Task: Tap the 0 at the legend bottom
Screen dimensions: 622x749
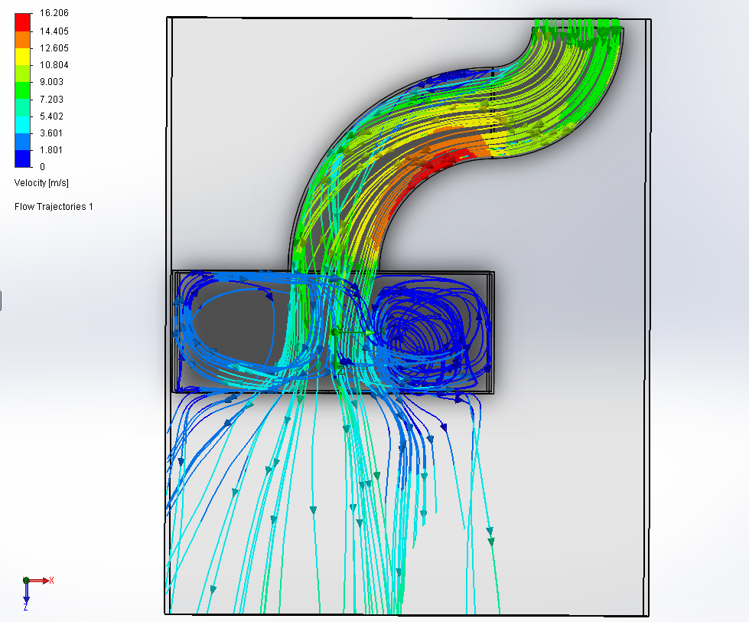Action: point(42,167)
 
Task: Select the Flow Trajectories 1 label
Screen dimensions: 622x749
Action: point(54,207)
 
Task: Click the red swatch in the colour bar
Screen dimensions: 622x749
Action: point(23,21)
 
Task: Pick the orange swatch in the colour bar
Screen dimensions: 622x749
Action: point(23,38)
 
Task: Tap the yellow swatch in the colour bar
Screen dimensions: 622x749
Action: point(23,55)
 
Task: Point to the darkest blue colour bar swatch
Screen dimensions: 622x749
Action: point(23,159)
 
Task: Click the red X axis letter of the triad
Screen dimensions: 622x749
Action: point(51,581)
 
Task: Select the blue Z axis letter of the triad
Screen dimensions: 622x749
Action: point(26,606)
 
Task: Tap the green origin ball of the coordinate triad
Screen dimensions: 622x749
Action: point(26,581)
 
